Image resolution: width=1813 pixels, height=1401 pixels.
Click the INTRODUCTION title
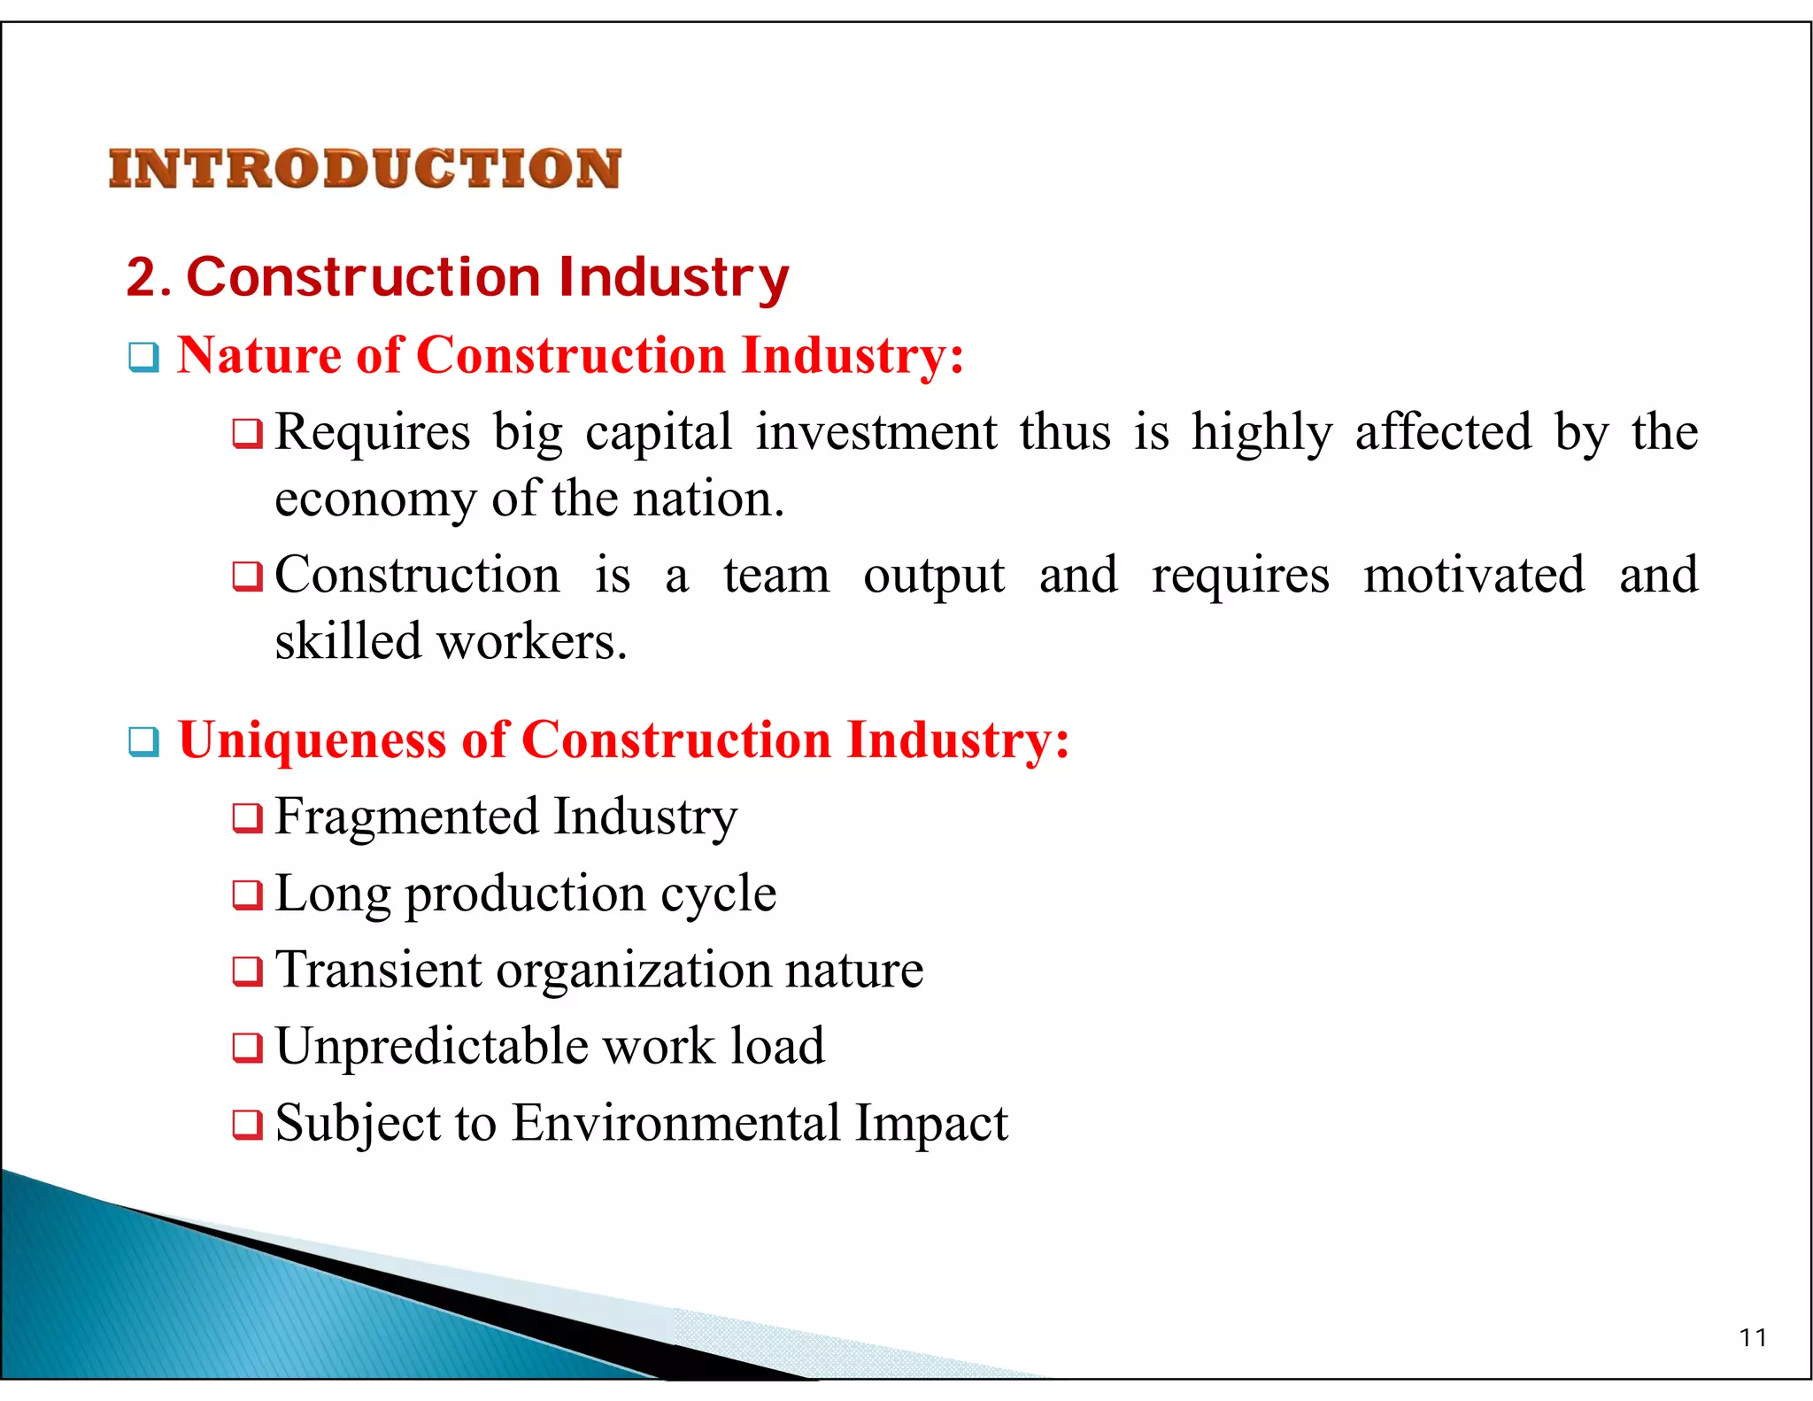(x=365, y=168)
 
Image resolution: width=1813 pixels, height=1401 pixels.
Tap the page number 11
(x=1752, y=1337)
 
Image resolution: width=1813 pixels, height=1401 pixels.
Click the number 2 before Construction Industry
(x=143, y=277)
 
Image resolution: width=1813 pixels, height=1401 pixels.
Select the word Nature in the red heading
(x=258, y=356)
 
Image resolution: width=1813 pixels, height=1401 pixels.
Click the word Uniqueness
(x=312, y=740)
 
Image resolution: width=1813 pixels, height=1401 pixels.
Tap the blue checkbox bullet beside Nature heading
(x=143, y=358)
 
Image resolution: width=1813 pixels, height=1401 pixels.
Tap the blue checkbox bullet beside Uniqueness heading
(x=143, y=742)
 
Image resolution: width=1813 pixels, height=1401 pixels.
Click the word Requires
(x=372, y=434)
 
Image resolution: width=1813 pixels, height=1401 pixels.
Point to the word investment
(x=876, y=433)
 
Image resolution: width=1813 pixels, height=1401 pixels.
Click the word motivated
(x=1473, y=576)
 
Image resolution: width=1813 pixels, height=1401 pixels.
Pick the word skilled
(x=348, y=641)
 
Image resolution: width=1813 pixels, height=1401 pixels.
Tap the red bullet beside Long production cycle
(x=247, y=895)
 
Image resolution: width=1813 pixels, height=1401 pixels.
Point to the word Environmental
(x=675, y=1124)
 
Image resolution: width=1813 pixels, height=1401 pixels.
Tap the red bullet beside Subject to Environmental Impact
(x=247, y=1126)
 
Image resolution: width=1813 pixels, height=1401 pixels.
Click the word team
(x=776, y=576)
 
